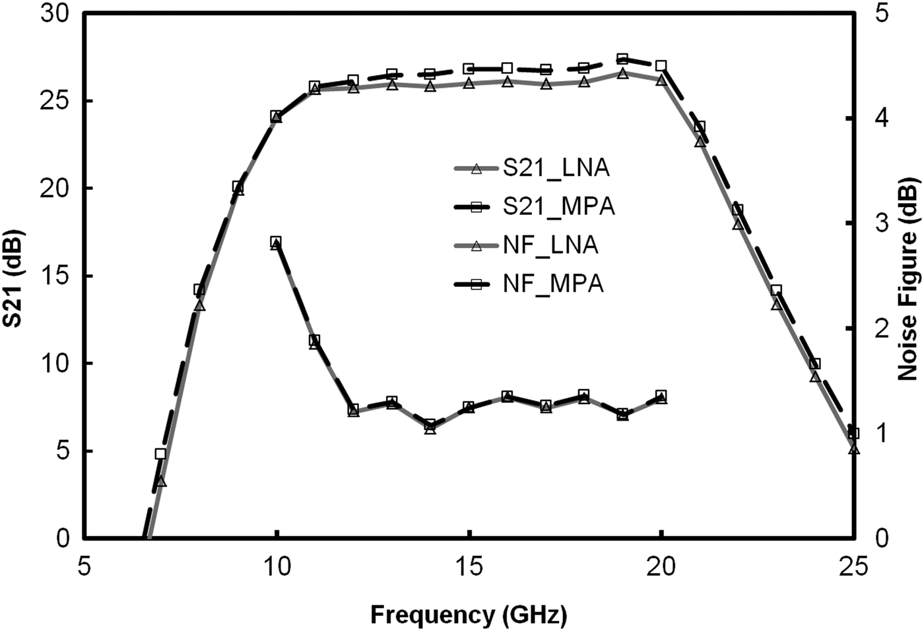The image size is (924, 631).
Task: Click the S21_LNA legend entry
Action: tap(532, 168)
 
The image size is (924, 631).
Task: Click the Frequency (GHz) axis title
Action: tap(468, 615)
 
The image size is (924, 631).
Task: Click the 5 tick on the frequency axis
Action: tap(84, 566)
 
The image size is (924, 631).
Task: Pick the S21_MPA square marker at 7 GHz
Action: tap(160, 454)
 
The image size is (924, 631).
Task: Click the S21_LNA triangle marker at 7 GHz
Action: tap(160, 482)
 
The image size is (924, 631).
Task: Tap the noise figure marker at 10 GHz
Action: tap(276, 242)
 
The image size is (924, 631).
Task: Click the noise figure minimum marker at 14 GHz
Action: tap(430, 425)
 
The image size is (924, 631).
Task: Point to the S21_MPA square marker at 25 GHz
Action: tap(853, 433)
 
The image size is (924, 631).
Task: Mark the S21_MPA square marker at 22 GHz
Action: tap(738, 210)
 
